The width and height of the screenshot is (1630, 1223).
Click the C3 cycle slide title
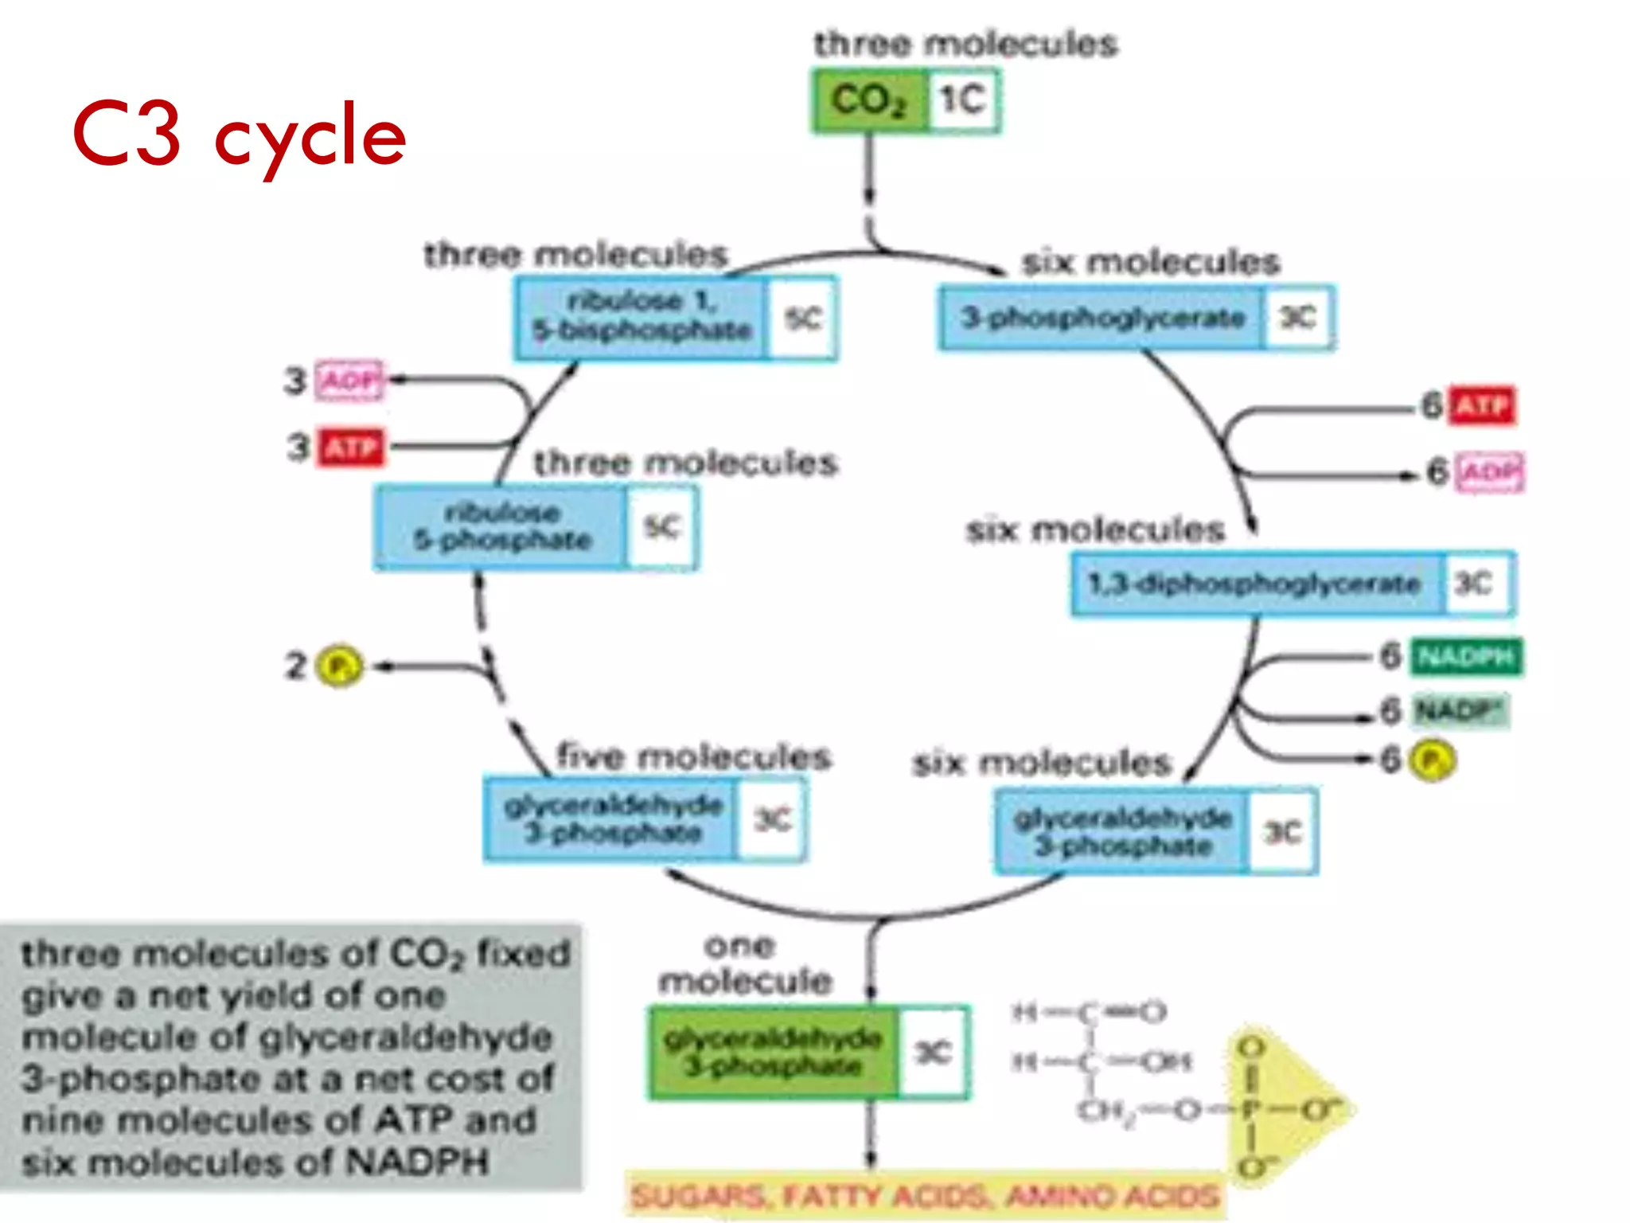click(239, 135)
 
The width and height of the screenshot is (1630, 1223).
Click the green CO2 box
click(869, 101)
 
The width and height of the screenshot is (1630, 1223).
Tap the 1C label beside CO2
click(963, 101)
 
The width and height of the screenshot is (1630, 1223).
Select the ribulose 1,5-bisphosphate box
click(641, 317)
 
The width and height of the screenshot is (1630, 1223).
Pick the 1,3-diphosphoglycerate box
click(1255, 584)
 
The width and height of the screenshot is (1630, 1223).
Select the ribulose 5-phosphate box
click(502, 527)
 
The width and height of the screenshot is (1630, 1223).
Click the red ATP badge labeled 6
click(1482, 406)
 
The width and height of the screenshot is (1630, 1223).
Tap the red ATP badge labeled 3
click(351, 447)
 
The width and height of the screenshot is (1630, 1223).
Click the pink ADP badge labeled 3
click(349, 381)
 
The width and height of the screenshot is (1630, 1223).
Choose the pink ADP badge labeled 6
click(1490, 473)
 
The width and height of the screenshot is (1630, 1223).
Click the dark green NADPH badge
click(1466, 657)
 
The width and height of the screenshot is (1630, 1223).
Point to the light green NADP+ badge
click(1460, 709)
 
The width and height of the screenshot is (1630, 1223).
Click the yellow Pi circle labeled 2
click(340, 666)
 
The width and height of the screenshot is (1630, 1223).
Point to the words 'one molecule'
click(744, 963)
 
